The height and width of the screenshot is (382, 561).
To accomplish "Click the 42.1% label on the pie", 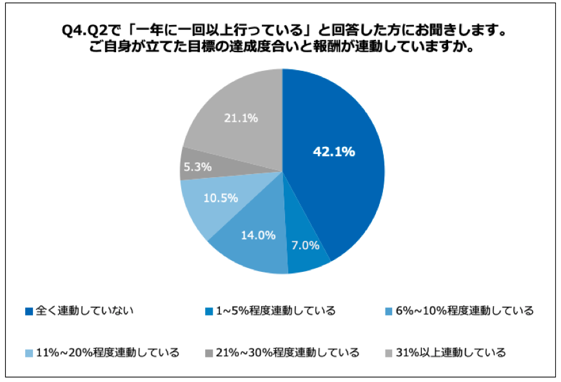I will tap(333, 152).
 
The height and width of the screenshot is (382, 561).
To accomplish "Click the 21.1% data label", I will tap(241, 118).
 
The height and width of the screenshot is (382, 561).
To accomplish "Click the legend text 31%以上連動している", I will tap(451, 352).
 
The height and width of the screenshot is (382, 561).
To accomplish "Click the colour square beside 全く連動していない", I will tap(28, 312).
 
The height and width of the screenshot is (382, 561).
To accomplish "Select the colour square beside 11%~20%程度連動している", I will tap(28, 353).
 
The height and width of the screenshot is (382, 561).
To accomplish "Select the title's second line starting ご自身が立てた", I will tap(281, 48).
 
